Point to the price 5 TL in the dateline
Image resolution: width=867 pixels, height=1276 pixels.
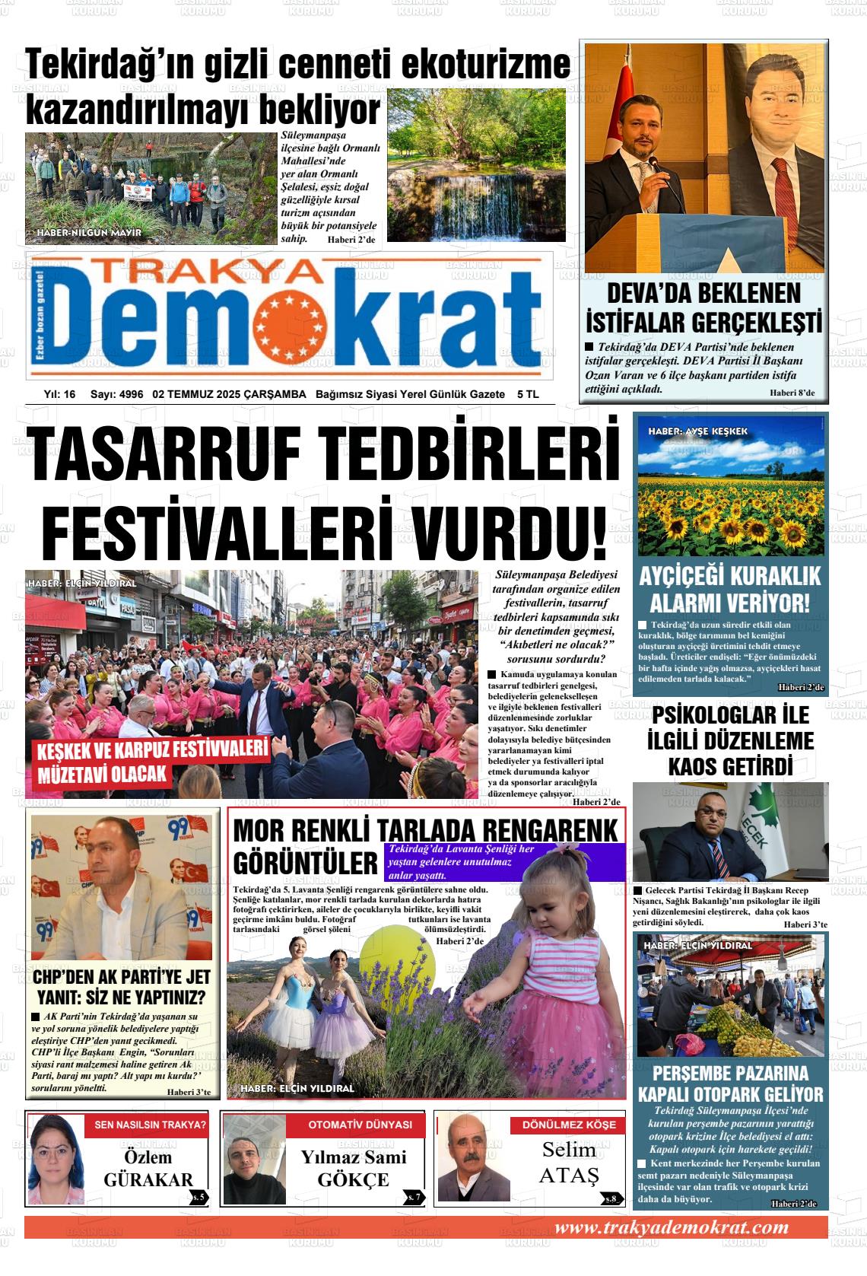pos(527,394)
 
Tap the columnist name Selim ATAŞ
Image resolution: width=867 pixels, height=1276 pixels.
pos(569,1163)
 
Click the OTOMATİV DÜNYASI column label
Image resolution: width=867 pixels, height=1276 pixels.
pos(360,1125)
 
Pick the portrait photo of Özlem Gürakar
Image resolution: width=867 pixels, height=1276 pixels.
pos(55,1160)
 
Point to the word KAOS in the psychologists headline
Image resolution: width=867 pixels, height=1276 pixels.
pos(692,766)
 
